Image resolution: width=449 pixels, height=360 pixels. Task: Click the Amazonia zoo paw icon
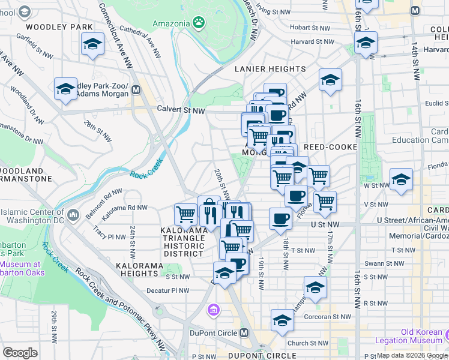(x=198, y=22)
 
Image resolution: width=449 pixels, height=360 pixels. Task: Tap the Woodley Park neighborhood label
(x=59, y=27)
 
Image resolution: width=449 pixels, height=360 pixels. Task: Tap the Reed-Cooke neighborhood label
(x=330, y=147)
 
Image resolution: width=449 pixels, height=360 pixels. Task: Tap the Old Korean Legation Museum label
(x=413, y=336)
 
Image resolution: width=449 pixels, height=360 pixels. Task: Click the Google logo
(x=20, y=353)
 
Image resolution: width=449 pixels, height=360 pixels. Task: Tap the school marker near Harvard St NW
(x=366, y=43)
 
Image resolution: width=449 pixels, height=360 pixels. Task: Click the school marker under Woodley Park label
(x=92, y=44)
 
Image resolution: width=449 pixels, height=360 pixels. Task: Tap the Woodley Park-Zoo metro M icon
(x=136, y=90)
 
